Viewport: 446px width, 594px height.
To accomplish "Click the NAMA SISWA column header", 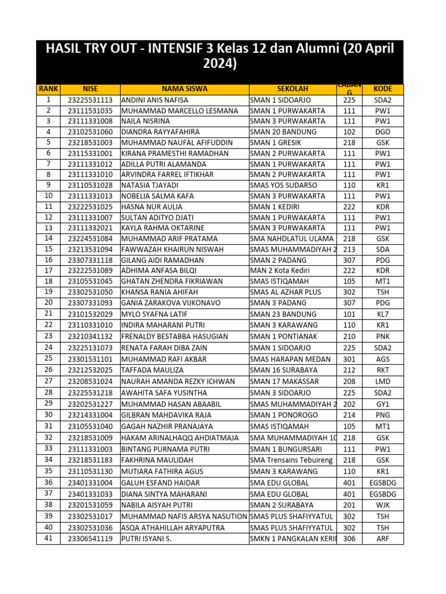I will (x=184, y=89).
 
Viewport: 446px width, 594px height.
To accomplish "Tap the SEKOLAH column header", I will (x=293, y=89).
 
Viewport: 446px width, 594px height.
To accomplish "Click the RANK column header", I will (x=48, y=89).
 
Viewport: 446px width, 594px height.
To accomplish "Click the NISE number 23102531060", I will (x=90, y=132).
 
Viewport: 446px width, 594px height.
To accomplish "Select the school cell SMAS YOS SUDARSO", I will (x=283, y=186).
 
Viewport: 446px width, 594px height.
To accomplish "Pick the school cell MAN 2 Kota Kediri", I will (x=279, y=271).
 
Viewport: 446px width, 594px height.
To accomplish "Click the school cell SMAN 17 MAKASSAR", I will (x=284, y=382).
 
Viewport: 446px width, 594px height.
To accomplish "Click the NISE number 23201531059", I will (x=90, y=505).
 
